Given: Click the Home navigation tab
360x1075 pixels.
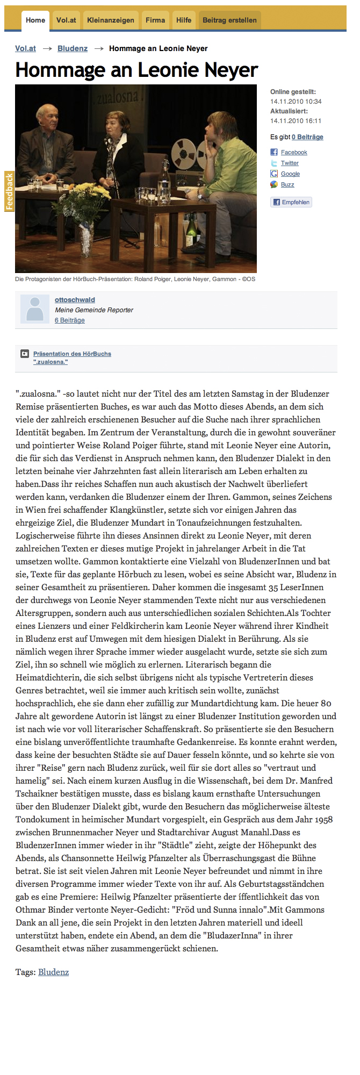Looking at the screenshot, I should pos(35,20).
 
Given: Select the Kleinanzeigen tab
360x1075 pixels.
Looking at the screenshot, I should pos(111,20).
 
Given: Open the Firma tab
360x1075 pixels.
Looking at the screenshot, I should pos(155,20).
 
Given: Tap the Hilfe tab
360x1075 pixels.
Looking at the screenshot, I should pos(184,20).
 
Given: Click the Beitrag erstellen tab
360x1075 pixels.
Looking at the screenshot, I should pos(229,20).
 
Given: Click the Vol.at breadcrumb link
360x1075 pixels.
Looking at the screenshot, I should pos(25,48).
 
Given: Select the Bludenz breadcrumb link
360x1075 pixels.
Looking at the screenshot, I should pos(73,48).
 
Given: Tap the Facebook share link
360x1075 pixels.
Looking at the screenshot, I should pos(294,153).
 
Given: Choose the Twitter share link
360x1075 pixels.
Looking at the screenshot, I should pos(290,163).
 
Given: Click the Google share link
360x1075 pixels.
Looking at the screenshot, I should pos(290,174).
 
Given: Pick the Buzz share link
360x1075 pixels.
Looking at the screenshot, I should pos(287,185).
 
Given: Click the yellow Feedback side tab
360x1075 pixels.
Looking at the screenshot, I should pos(9,191).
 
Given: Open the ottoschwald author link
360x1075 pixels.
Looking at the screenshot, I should pos(75,300).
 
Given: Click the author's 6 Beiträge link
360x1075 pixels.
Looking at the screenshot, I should pos(70,320).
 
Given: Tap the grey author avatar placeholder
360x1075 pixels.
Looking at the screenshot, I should pos(35,309).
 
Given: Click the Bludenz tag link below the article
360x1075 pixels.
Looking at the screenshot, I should pos(53,972).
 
